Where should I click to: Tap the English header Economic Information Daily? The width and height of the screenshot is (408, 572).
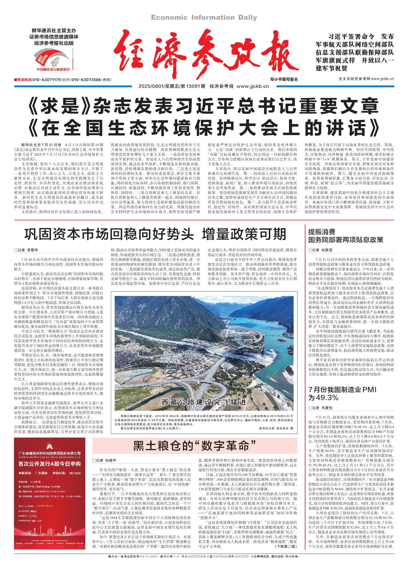[204, 18]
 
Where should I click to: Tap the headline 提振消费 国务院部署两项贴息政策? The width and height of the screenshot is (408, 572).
[345, 235]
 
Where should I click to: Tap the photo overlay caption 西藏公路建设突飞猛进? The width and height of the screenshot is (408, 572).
[203, 402]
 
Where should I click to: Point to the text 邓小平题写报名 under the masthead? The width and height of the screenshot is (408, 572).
[284, 79]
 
